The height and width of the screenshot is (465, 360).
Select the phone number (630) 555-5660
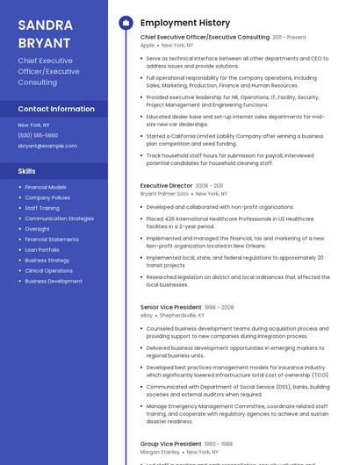pyautogui.click(x=38, y=135)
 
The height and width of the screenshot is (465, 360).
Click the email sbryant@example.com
pyautogui.click(x=47, y=146)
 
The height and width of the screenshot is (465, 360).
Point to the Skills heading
pyautogui.click(x=27, y=171)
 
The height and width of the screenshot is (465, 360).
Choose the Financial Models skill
pyautogui.click(x=46, y=187)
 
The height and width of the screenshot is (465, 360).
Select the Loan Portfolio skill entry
pyautogui.click(x=43, y=250)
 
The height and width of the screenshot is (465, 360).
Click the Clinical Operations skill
pyautogui.click(x=49, y=271)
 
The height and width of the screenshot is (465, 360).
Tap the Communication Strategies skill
pyautogui.click(x=59, y=218)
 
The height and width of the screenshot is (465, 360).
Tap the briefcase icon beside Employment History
pyautogui.click(x=125, y=22)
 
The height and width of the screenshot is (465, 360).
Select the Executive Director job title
pyautogui.click(x=166, y=186)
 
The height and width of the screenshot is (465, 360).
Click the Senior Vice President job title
pyautogui.click(x=171, y=307)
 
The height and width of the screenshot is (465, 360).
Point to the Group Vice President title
pyautogui.click(x=171, y=444)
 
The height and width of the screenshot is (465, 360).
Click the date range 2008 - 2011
pyautogui.click(x=209, y=186)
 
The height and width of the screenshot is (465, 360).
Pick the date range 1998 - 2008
pyautogui.click(x=220, y=307)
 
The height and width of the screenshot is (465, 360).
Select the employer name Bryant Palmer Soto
pyautogui.click(x=165, y=194)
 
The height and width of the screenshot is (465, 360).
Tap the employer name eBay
pyautogui.click(x=147, y=315)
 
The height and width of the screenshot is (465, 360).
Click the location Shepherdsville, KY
pyautogui.click(x=183, y=315)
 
